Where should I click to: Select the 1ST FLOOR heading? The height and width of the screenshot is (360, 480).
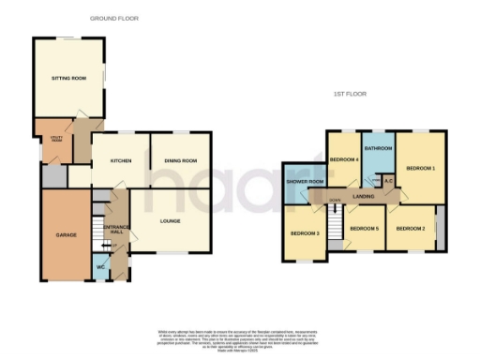point(349,95)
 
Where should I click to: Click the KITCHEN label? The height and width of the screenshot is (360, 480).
point(118,161)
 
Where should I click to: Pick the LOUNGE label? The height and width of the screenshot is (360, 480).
point(170,222)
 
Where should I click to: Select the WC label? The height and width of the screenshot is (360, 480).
point(100,269)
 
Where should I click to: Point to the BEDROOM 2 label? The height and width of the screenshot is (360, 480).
point(411,229)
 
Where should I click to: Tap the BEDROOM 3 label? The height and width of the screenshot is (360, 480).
point(304,232)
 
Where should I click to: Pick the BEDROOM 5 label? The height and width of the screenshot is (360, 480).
point(364,229)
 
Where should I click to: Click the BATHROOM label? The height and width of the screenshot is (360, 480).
point(378,149)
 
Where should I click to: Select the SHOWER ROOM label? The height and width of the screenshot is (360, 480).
point(306,181)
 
